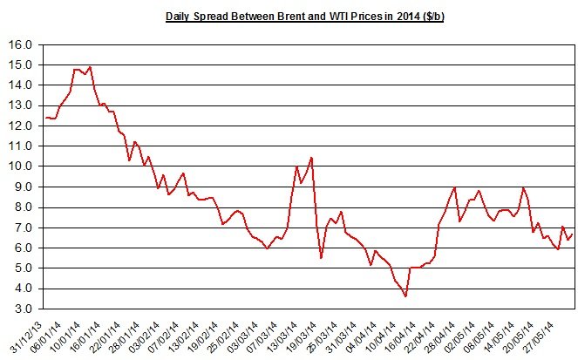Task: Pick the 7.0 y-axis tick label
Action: [x=21, y=228]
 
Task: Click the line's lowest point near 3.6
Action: [x=405, y=296]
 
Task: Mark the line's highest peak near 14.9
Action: [x=90, y=67]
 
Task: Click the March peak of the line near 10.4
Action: [x=311, y=158]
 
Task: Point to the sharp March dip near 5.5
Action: [x=321, y=258]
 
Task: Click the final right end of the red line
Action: [x=572, y=234]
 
